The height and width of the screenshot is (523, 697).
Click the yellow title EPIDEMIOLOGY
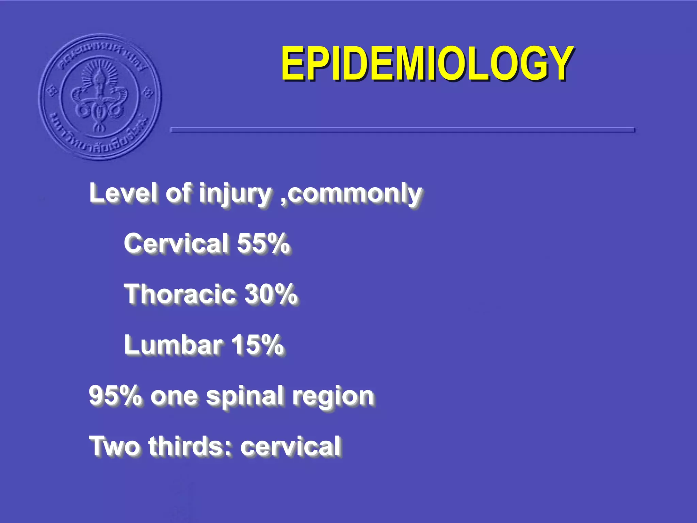[x=427, y=64]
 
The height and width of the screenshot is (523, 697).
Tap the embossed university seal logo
[x=100, y=97]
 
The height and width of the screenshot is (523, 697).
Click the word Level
[x=124, y=193]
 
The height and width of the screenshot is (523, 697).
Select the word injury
[x=235, y=193]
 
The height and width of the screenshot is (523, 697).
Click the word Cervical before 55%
[x=176, y=243]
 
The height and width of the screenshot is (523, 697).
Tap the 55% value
[x=263, y=243]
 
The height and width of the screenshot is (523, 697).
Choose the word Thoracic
[x=180, y=294]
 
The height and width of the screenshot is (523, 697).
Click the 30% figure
[x=271, y=294]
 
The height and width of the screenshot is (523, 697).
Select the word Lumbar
[x=173, y=345]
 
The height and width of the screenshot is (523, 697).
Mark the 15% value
[x=257, y=345]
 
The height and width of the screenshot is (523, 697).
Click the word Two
[x=114, y=446]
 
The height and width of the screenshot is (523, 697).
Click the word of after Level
[x=178, y=193]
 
